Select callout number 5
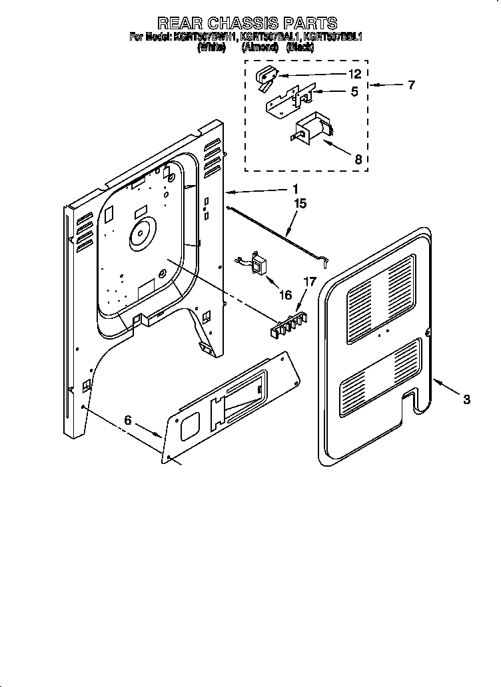tap(355, 92)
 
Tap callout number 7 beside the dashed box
tap(411, 85)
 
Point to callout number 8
tap(358, 159)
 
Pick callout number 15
tap(300, 204)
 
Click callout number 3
tap(467, 399)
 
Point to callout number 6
tap(129, 421)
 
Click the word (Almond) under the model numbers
tap(260, 48)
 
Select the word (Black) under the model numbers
tap(300, 48)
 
